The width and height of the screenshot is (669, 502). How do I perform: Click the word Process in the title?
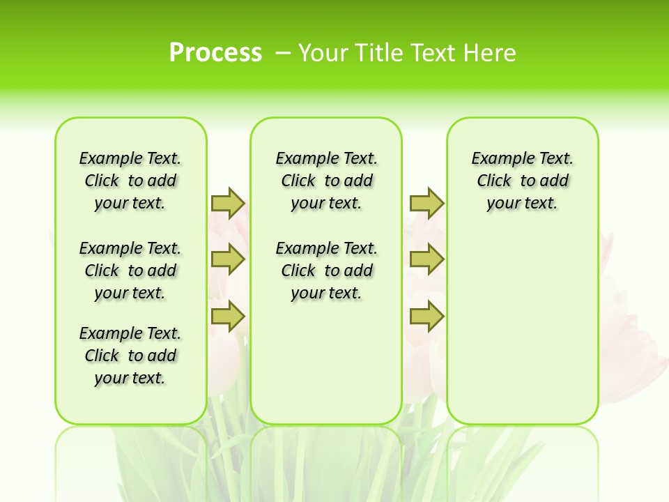pos(215,53)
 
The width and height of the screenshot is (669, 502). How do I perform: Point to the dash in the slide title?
pos(283,53)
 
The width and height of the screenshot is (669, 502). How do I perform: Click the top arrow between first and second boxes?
pos(228,203)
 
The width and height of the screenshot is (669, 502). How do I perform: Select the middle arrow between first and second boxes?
pos(228,259)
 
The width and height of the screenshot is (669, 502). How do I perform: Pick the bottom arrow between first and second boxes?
pos(228,317)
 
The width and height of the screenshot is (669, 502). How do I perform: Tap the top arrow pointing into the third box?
pos(426,203)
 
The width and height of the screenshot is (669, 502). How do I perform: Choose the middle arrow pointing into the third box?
pos(426,259)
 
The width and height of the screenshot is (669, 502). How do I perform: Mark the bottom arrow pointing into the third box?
pos(426,317)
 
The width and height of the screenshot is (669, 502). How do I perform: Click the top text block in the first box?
pos(130,181)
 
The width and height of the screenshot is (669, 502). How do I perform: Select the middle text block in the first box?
pos(130,271)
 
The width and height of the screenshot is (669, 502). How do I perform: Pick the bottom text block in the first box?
pos(130,356)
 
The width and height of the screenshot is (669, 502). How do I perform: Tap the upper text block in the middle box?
pos(326,181)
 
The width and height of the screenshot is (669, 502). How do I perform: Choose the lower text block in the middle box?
pos(326,271)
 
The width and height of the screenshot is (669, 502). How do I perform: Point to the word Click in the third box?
pos(494,181)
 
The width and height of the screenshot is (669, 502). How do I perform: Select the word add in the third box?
pos(555,181)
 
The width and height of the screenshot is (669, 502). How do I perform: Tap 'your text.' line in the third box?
pos(522,204)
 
